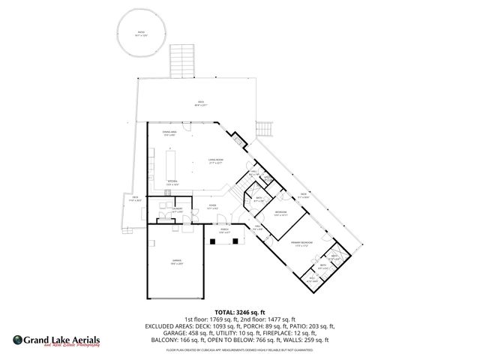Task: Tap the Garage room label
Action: (x=177, y=262)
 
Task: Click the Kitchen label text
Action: (x=171, y=183)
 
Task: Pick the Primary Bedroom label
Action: (x=301, y=244)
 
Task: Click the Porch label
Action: (x=224, y=232)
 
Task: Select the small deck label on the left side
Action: (x=136, y=199)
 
